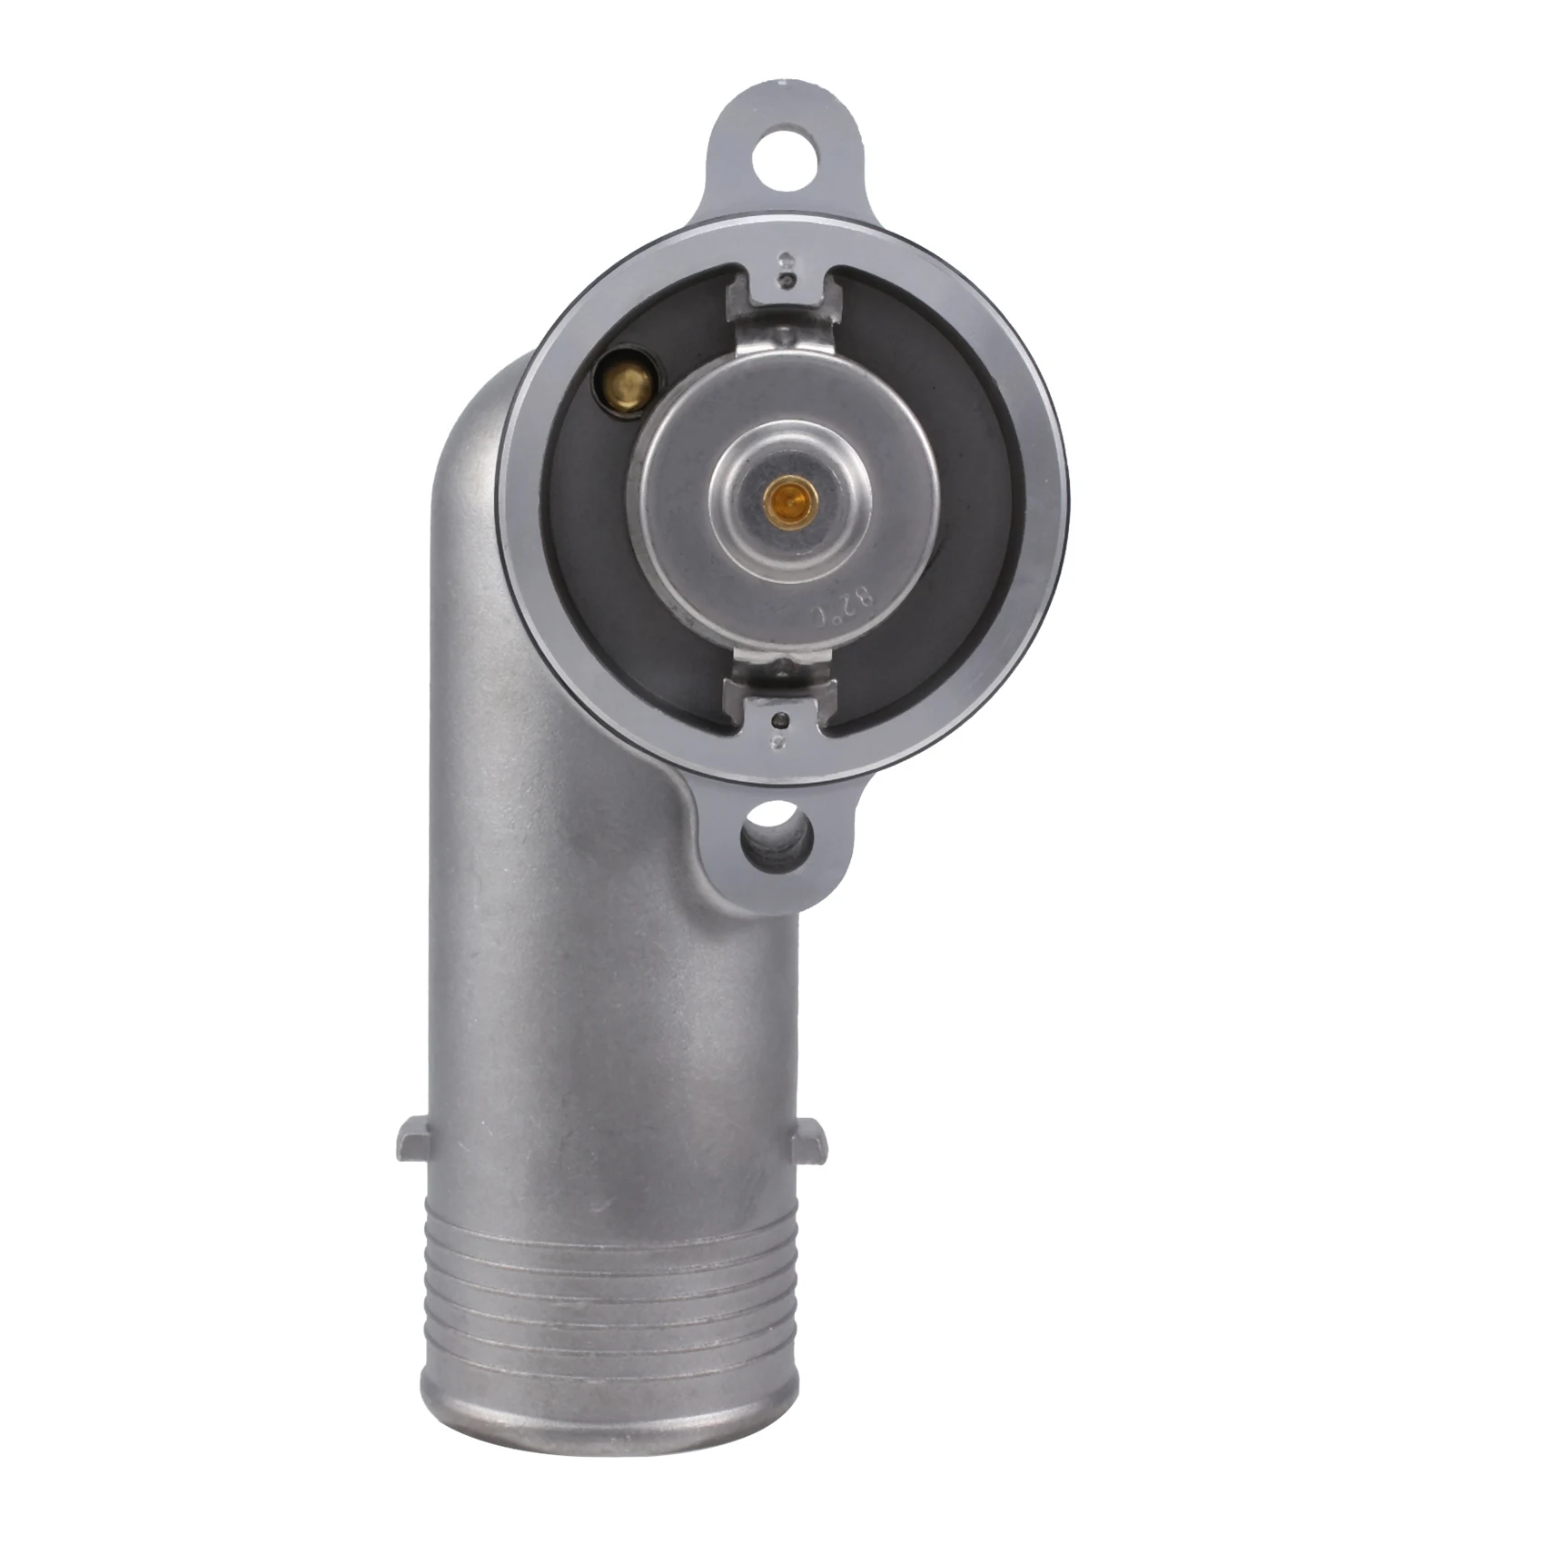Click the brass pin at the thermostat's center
tap(782, 497)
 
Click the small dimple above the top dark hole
tap(787, 257)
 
